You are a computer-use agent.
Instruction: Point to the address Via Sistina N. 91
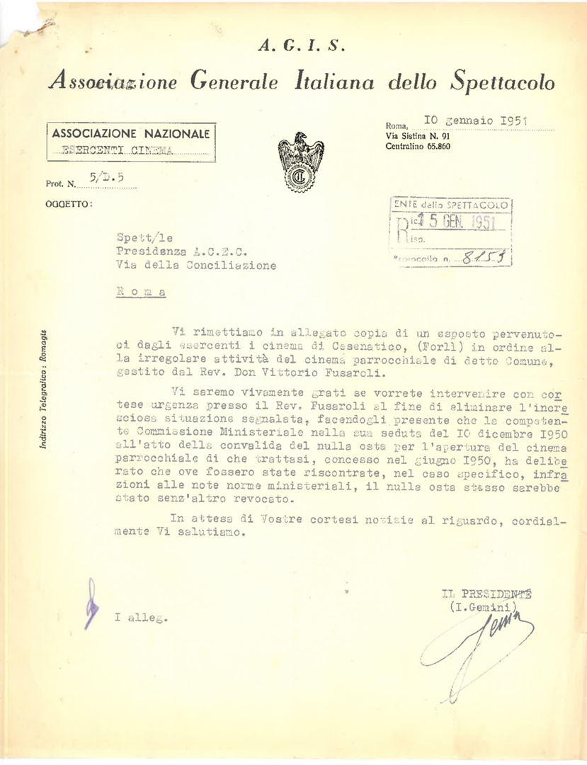(x=417, y=135)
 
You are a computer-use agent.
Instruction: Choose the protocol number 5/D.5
(x=103, y=181)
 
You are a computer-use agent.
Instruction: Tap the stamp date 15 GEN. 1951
(x=455, y=222)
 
